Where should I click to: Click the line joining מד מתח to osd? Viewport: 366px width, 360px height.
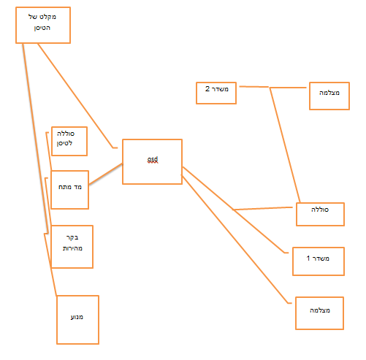(x=105, y=174)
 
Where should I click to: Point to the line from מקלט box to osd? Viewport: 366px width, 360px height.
(x=75, y=96)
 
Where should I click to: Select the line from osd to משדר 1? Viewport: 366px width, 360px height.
(x=234, y=209)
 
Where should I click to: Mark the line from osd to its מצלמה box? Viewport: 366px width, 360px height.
(x=236, y=239)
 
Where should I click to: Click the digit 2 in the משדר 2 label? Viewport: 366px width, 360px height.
(x=207, y=89)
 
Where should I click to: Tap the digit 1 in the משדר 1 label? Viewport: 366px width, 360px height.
(x=308, y=258)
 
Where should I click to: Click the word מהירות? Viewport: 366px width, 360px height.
(x=72, y=248)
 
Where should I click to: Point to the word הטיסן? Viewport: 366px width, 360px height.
(x=42, y=28)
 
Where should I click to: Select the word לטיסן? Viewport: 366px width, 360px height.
(x=64, y=143)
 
